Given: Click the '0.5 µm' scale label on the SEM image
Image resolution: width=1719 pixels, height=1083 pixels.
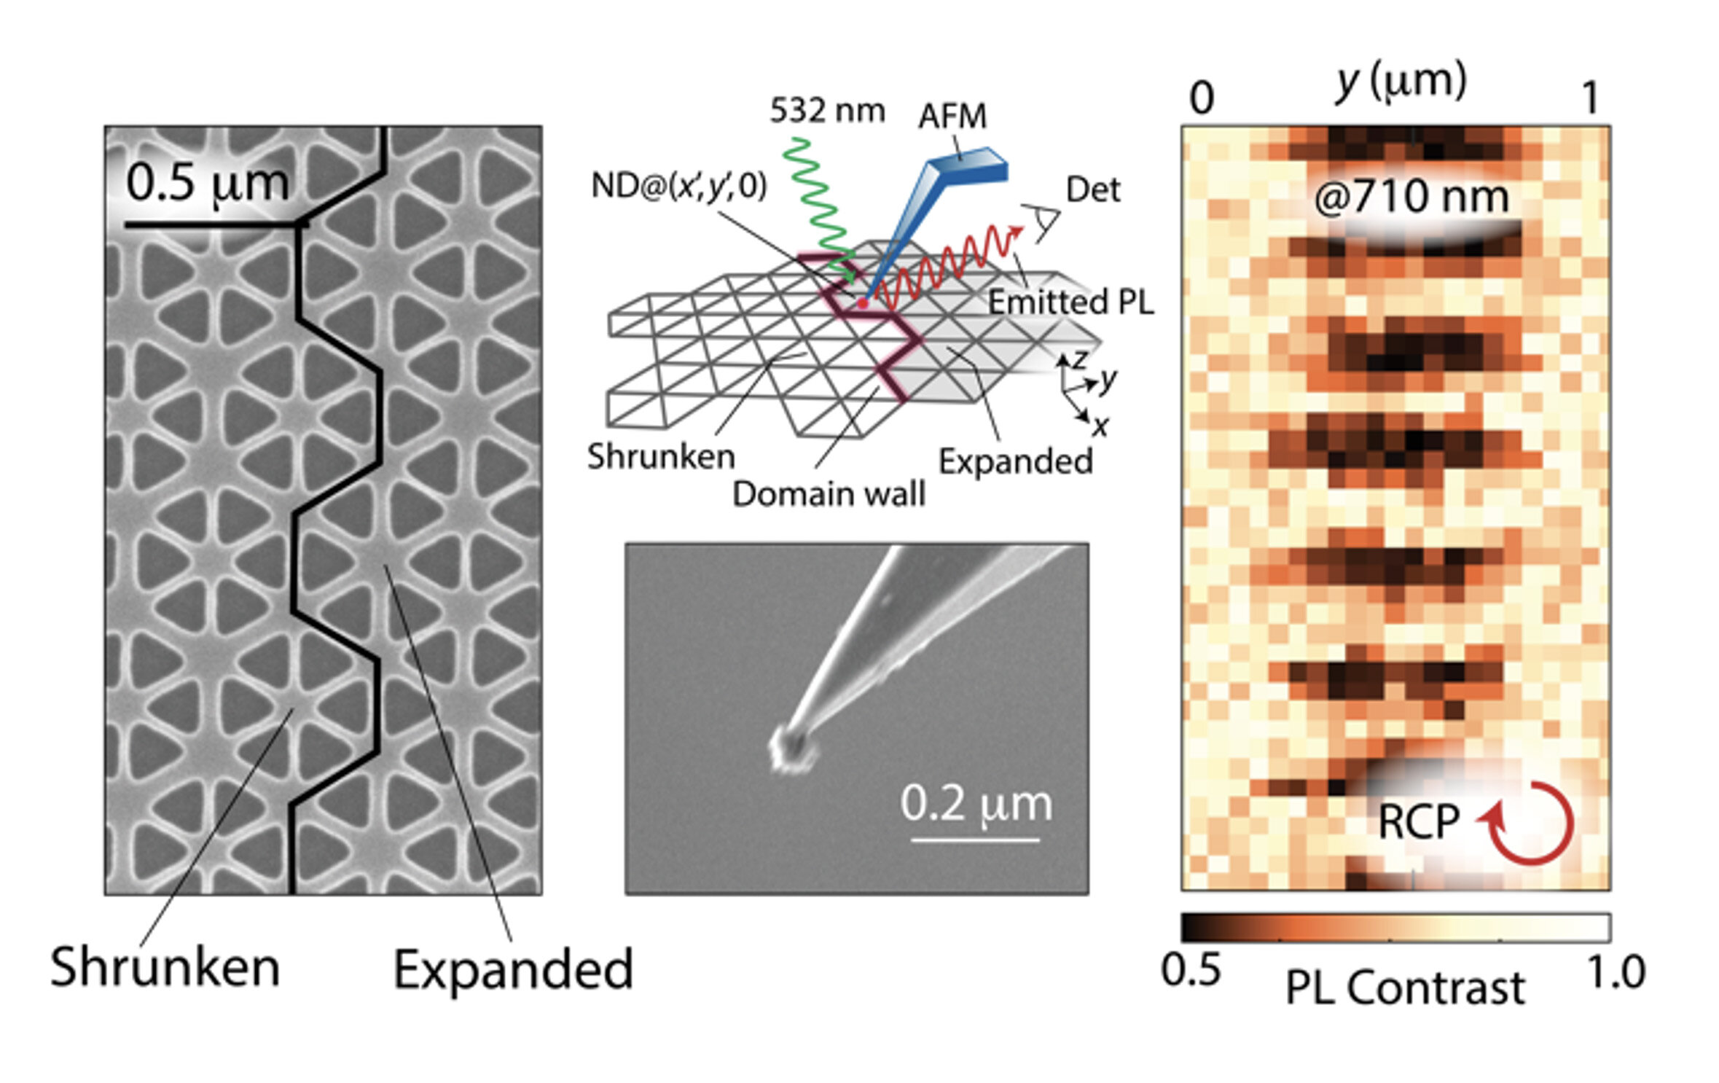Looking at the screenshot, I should click(x=207, y=184).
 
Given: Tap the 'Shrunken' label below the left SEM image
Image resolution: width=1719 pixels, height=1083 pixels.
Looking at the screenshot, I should click(x=165, y=968).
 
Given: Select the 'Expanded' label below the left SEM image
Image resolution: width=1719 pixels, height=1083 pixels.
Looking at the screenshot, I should click(x=513, y=969).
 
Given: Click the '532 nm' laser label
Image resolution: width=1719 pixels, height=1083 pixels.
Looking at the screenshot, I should click(x=827, y=111).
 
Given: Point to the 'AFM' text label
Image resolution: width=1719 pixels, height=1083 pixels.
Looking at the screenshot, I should click(x=952, y=117).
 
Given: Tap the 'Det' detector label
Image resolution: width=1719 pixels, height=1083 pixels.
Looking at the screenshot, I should click(x=1092, y=189).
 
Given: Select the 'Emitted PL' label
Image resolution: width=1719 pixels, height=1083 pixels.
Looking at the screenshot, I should click(x=1070, y=302).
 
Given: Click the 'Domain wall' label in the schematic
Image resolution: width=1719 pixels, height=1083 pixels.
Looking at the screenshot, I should click(x=829, y=494).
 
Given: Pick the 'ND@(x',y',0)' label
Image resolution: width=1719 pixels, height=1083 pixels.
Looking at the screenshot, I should click(x=678, y=187).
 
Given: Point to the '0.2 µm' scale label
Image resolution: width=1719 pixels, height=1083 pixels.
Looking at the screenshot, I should click(x=976, y=804).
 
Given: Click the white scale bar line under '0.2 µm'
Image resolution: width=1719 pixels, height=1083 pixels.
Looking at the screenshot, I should click(x=975, y=840).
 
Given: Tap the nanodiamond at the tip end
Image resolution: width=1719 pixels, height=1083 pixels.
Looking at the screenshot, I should click(x=790, y=751).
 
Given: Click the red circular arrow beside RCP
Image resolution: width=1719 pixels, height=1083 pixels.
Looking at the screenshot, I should click(x=1529, y=824).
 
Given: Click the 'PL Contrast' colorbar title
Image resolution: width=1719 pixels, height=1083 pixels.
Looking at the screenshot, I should click(x=1404, y=988).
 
